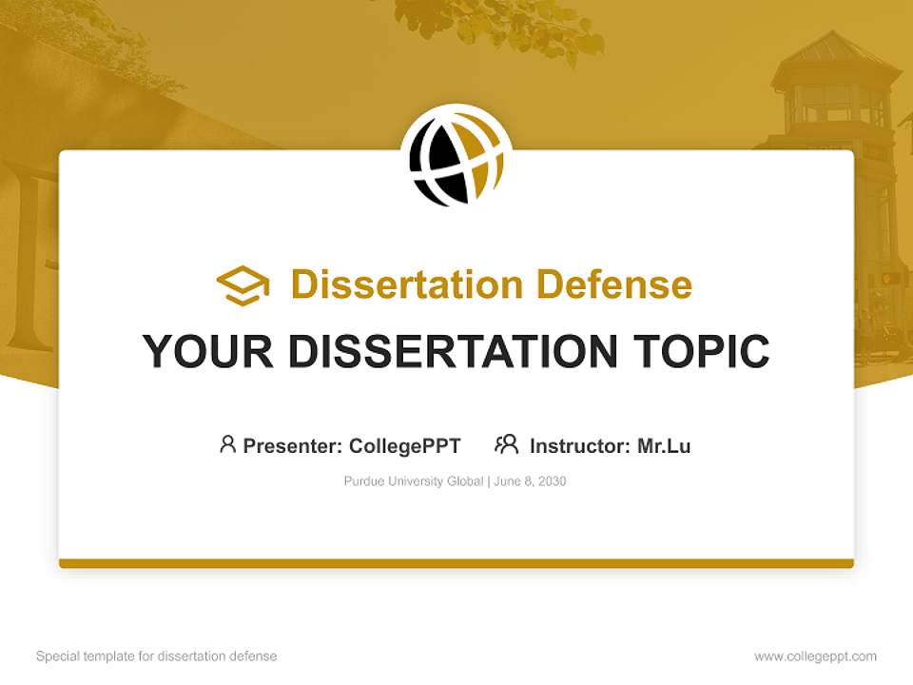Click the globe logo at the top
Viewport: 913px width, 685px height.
coord(456,158)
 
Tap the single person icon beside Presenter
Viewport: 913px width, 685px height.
coord(227,444)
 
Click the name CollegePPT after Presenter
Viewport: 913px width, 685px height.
coord(405,446)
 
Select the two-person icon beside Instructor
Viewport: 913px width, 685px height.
coord(506,444)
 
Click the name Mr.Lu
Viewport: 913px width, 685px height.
coord(664,446)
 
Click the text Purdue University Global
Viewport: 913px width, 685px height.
coord(414,481)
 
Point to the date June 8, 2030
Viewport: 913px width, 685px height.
coord(531,481)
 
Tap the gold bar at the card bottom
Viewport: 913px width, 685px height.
coord(456,563)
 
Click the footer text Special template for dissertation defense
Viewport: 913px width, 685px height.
coord(157,656)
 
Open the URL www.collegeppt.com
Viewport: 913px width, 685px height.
coord(815,656)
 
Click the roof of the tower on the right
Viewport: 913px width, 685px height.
coord(837,57)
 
